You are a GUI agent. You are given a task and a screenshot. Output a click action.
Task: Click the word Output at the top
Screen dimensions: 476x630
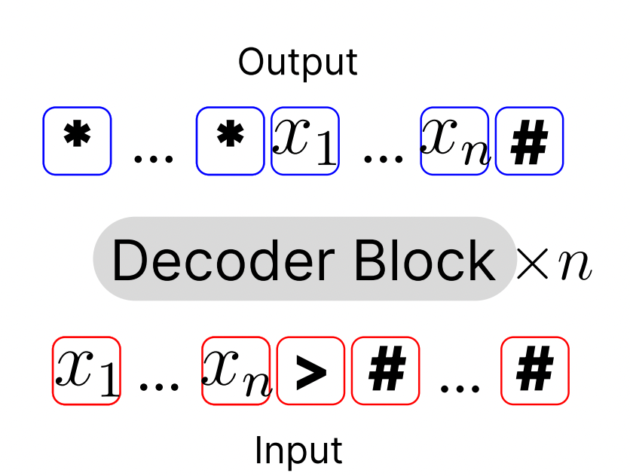click(x=298, y=63)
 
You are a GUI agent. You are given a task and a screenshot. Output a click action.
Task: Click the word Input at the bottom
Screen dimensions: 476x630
click(x=298, y=450)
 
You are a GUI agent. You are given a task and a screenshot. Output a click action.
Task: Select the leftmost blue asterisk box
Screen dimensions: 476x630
click(x=77, y=141)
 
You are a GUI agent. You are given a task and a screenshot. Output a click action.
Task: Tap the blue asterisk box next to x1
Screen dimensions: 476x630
click(x=230, y=141)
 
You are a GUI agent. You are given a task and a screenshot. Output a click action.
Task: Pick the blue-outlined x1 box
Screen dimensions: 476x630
click(x=304, y=141)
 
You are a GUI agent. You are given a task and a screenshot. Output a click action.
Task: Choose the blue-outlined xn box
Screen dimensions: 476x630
click(x=454, y=141)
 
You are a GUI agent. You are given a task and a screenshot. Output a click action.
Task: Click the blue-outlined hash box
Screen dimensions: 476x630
click(x=529, y=141)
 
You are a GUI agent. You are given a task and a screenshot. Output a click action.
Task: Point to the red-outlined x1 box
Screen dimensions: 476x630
click(x=86, y=371)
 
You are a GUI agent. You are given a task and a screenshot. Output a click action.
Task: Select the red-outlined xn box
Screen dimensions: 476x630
click(x=236, y=371)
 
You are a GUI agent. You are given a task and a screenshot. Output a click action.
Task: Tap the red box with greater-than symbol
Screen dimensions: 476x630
click(x=310, y=371)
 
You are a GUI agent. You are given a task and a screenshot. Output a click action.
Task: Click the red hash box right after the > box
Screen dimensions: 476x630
click(x=385, y=371)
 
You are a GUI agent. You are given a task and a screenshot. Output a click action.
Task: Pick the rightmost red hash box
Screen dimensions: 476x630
click(x=535, y=371)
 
